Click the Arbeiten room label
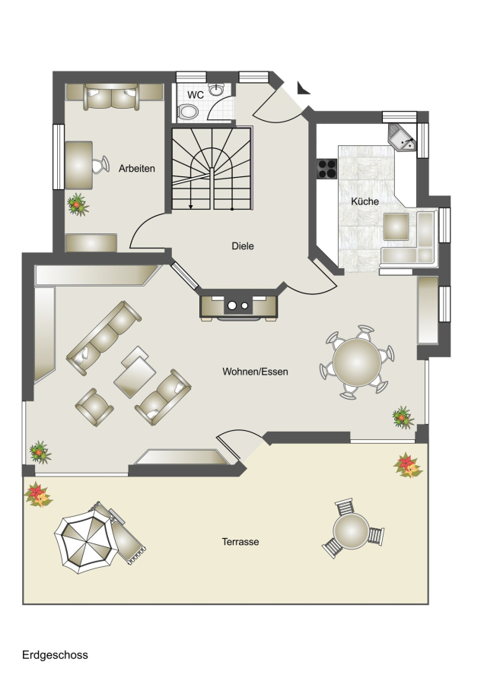point(137,169)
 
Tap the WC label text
point(196,95)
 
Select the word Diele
point(243,246)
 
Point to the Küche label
point(365,201)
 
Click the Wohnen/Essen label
point(255,372)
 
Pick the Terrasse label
point(240,542)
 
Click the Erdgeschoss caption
point(55,655)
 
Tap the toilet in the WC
point(188,112)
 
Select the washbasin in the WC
point(216,90)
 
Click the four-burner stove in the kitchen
point(326,169)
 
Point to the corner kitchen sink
point(403,137)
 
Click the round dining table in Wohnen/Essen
point(357,362)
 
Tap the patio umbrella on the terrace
point(86,542)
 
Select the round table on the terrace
point(352,531)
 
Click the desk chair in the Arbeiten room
point(101,165)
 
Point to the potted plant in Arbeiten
point(78,204)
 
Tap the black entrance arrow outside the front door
point(303,87)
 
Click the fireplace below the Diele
point(238,307)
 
